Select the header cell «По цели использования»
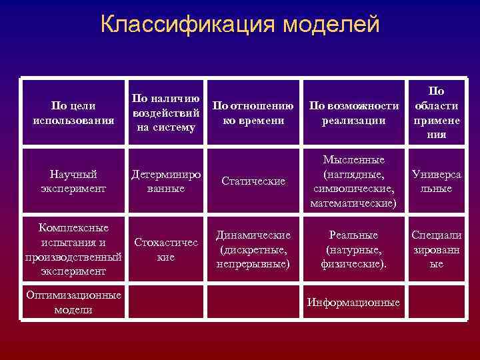(x=73, y=113)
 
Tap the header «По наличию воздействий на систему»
(x=165, y=113)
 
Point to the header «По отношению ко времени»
(x=253, y=113)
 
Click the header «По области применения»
(x=436, y=113)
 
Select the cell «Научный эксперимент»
(x=73, y=181)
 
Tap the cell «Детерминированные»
(x=165, y=181)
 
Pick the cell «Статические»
(x=253, y=181)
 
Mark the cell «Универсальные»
(x=436, y=181)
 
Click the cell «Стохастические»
(x=165, y=249)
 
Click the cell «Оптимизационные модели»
(x=73, y=302)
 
